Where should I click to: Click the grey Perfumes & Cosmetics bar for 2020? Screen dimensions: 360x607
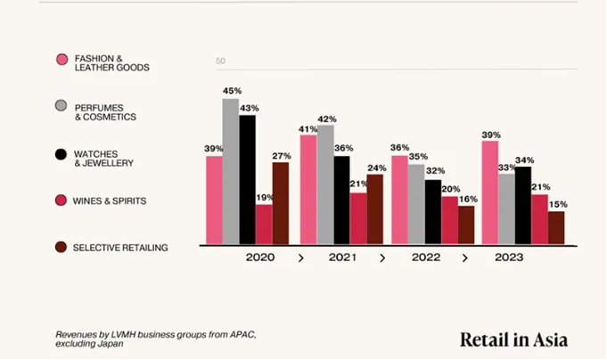(x=231, y=171)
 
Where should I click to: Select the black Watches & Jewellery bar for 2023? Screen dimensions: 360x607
(x=523, y=205)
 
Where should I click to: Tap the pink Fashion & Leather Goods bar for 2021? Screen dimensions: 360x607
(x=308, y=190)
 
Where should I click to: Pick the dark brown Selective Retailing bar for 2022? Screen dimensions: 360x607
(x=466, y=225)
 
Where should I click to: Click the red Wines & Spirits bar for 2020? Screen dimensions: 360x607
(x=264, y=224)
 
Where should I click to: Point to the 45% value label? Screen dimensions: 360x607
(x=232, y=91)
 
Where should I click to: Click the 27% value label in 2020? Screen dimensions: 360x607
(x=281, y=154)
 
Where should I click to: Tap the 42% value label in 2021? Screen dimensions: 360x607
(x=326, y=119)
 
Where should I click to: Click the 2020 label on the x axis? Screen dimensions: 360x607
(x=260, y=258)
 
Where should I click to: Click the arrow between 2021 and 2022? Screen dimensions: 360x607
(x=382, y=258)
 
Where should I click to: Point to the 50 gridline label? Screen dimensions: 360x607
(x=221, y=61)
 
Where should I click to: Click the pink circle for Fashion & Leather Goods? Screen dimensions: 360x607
(x=62, y=60)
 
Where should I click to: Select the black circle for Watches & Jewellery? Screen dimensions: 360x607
(x=62, y=154)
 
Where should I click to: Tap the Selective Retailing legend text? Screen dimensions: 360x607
(x=120, y=247)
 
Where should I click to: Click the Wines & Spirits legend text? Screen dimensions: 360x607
(x=111, y=200)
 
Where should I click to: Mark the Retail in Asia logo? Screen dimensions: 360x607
(x=513, y=339)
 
